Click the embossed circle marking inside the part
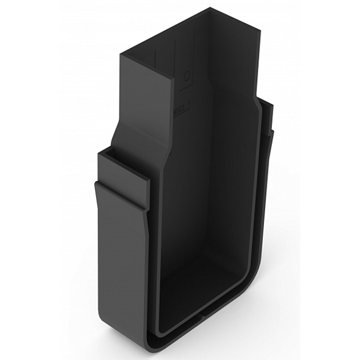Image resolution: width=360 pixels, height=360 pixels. coord(187,75)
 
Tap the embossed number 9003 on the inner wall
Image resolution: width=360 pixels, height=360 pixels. coord(179,107)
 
